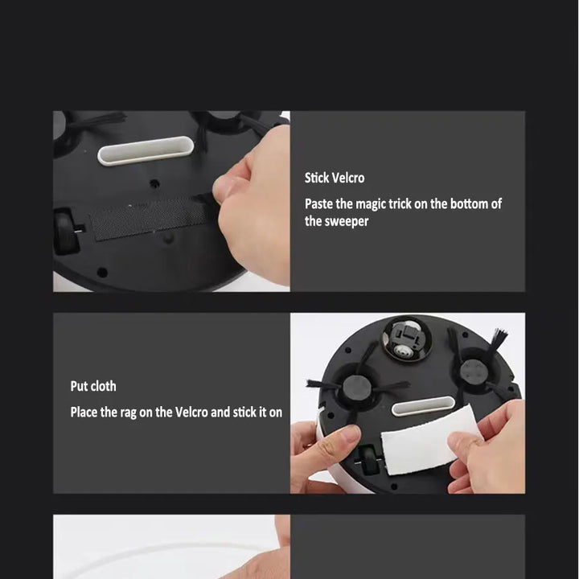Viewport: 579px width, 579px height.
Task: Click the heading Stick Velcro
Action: coord(334,178)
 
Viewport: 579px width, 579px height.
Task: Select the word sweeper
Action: coord(347,221)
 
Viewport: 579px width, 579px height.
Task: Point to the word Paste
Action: coord(319,204)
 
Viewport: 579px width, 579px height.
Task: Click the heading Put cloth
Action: coord(92,386)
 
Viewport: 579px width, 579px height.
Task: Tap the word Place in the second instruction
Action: coord(84,413)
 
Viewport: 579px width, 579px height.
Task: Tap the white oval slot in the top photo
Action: coord(146,150)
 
